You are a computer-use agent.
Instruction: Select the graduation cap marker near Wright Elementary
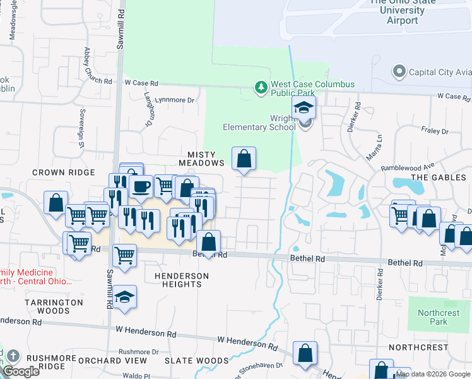click(x=304, y=107)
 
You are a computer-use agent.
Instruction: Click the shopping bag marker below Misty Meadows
click(x=244, y=159)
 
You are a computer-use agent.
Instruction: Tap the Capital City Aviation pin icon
click(x=399, y=71)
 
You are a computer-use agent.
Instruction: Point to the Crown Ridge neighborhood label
click(x=63, y=172)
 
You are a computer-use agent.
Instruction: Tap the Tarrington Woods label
click(x=54, y=306)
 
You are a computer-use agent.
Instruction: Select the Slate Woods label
click(x=187, y=360)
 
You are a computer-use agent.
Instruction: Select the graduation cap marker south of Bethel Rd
click(x=125, y=297)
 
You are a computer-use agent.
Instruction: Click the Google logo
click(x=21, y=371)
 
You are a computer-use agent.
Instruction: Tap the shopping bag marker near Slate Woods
click(x=305, y=353)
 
